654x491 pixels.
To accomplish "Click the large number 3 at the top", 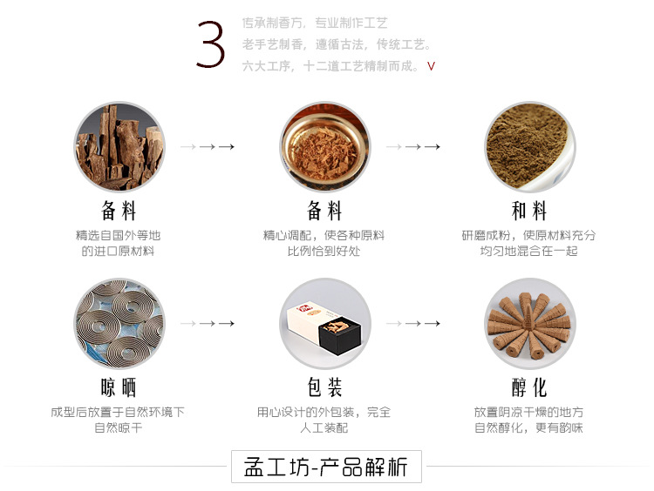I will (x=212, y=46).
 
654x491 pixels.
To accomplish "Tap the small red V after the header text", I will (x=431, y=66).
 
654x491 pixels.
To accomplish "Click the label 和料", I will (x=529, y=211).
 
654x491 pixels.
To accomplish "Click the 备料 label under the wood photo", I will (x=119, y=211).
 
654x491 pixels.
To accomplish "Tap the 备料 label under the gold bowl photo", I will (x=324, y=211).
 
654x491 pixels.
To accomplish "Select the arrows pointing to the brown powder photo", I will (x=413, y=147).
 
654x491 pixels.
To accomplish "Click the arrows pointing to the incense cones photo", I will (x=413, y=323).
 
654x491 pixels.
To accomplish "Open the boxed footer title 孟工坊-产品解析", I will (x=326, y=467).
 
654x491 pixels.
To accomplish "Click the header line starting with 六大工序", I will (x=332, y=66).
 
